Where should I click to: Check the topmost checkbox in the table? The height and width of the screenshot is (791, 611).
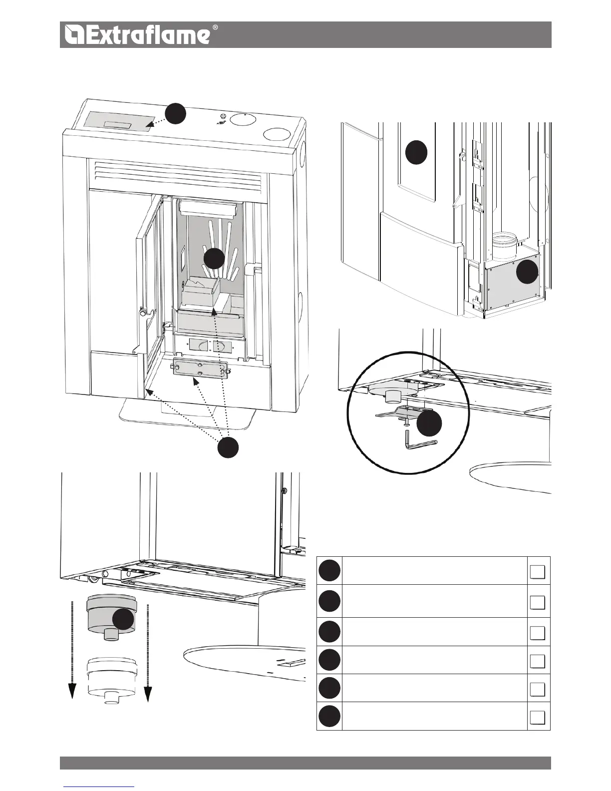click(537, 572)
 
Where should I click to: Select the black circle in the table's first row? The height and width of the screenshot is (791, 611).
click(329, 570)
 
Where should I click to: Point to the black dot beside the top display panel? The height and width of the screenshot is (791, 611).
click(176, 114)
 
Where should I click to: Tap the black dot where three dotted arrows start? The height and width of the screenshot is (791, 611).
click(228, 446)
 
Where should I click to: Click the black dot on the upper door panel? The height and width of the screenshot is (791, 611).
click(416, 152)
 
